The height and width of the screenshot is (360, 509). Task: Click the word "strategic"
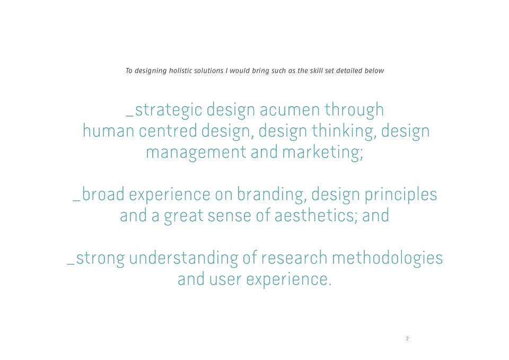pos(169,110)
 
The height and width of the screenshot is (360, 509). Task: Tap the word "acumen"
pos(290,110)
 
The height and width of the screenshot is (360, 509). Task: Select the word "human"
pos(108,131)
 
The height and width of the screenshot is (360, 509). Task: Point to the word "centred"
pos(168,131)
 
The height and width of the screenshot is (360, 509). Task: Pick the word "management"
pos(196,153)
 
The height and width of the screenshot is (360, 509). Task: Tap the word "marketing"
pos(321,153)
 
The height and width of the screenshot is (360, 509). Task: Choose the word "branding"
pos(271,195)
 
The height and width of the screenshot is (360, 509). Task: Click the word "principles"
pos(401,195)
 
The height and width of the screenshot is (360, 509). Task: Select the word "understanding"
pos(183,259)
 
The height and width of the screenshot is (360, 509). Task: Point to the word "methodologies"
pos(387,259)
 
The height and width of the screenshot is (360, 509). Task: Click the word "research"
pos(294,258)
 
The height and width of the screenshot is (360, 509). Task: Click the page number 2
pos(407,339)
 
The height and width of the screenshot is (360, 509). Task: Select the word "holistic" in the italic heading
pos(180,71)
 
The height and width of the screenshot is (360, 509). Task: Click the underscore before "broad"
pos(76,200)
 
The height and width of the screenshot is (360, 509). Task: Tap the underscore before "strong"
pos(71,264)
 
